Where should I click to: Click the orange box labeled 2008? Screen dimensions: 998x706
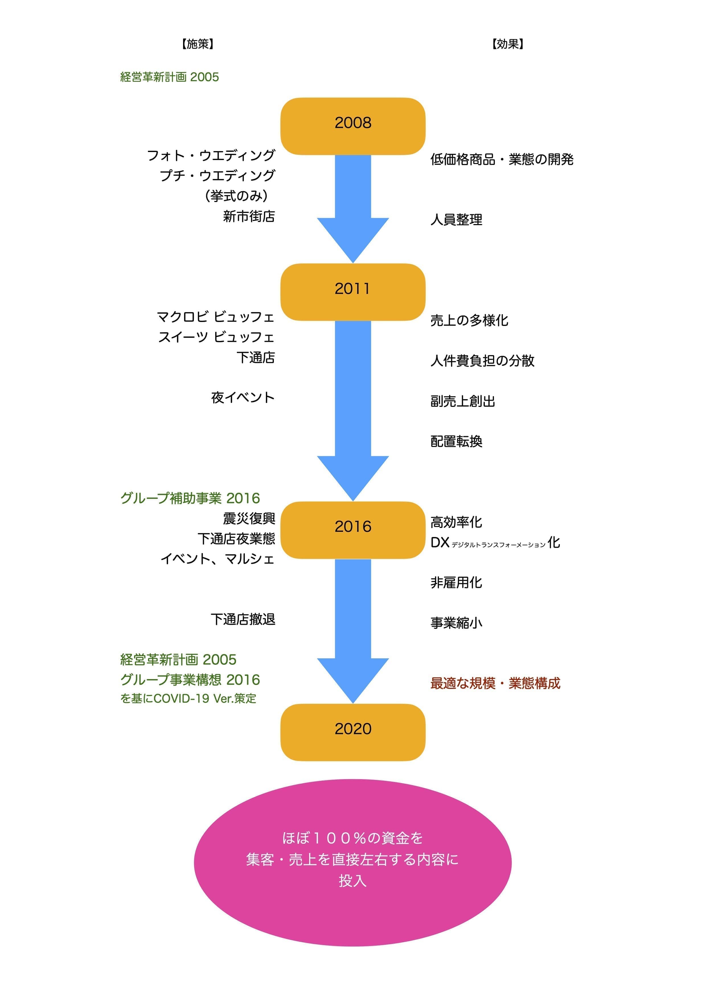coord(352,126)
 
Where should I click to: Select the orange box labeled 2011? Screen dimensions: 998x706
coord(352,292)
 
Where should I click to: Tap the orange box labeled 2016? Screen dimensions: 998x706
coord(352,530)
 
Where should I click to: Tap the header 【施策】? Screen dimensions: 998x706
coord(198,44)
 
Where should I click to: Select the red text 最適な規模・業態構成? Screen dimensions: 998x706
coord(495,683)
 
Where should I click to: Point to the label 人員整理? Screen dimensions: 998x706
coord(456,219)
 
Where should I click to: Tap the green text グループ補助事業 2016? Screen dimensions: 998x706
coord(190,498)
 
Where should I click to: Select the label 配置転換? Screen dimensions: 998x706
coord(456,441)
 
